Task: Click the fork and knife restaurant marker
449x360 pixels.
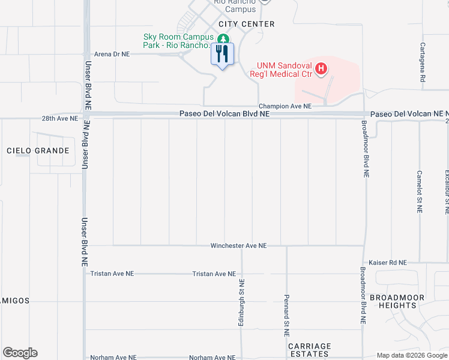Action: coord(223,55)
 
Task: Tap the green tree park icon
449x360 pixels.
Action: coord(223,39)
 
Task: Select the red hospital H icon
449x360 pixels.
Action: coord(321,69)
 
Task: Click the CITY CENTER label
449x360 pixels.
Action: coord(247,24)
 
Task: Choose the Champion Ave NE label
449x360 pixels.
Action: coord(285,106)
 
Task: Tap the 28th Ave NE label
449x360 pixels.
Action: coord(60,119)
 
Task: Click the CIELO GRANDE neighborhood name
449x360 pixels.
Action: coord(38,151)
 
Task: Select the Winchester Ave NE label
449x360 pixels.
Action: coord(238,246)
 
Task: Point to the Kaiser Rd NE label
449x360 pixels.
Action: coord(389,263)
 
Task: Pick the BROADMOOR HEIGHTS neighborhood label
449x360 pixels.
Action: coord(397,301)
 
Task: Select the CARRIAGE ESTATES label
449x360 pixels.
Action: coord(309,351)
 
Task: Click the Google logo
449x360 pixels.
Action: coord(20,353)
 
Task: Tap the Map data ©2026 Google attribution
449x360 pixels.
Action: coord(411,355)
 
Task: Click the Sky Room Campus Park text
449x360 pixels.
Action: coord(178,41)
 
